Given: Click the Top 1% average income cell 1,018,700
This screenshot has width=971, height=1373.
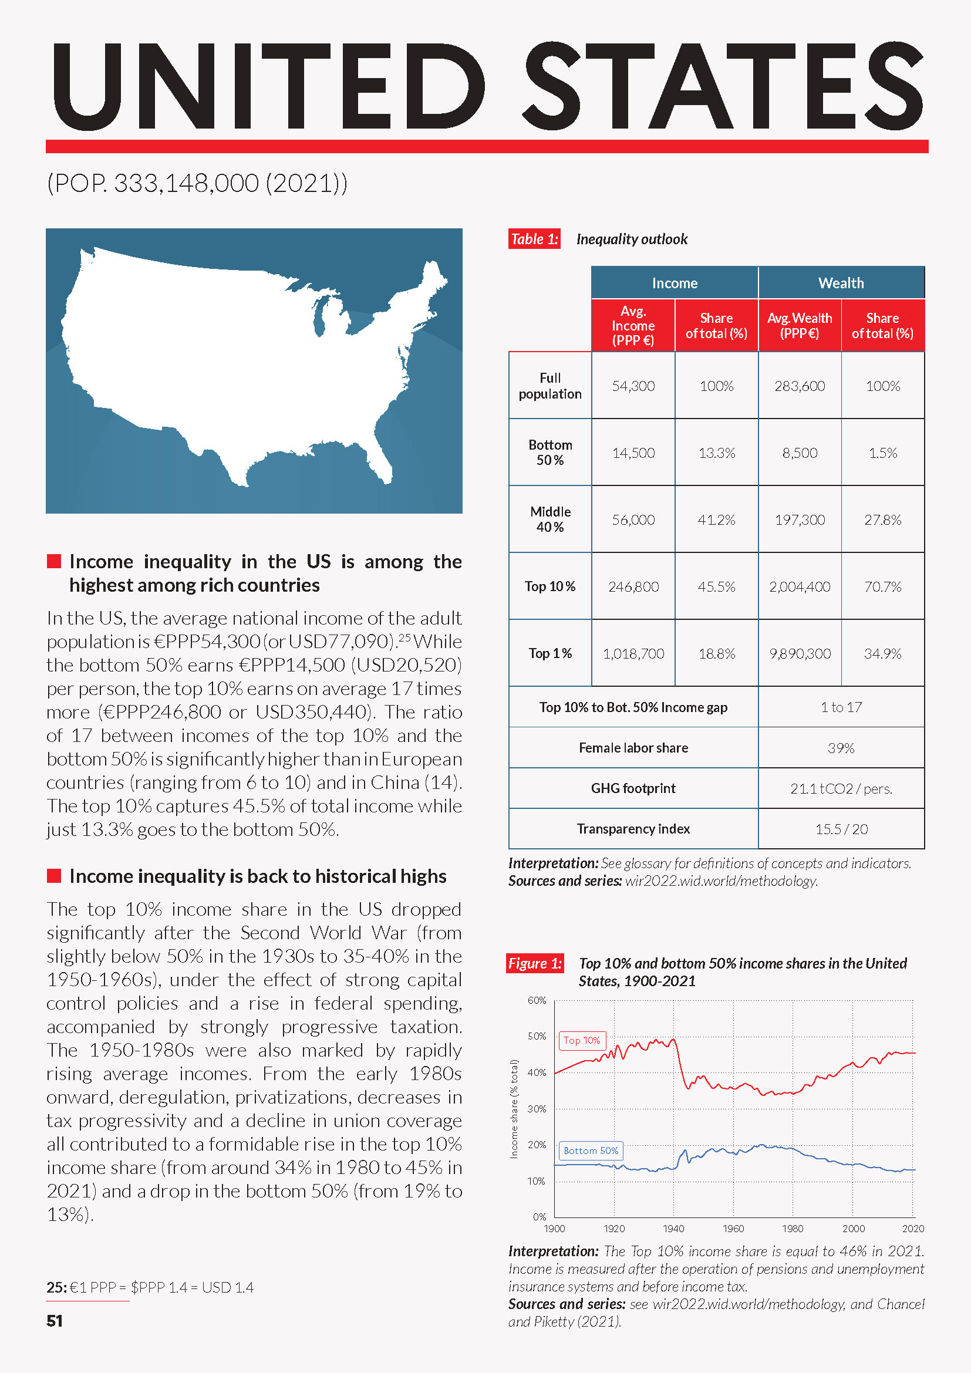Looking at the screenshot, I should pyautogui.click(x=633, y=653).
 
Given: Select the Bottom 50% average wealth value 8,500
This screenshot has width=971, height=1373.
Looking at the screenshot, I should pyautogui.click(x=800, y=453).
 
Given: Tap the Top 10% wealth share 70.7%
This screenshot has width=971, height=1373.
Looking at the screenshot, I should pyautogui.click(x=882, y=586).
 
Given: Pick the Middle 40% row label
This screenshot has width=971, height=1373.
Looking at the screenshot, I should pyautogui.click(x=550, y=519).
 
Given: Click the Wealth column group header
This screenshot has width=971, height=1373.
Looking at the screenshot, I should pyautogui.click(x=841, y=283).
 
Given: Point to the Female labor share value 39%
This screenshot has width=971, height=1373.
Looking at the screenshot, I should pyautogui.click(x=841, y=748).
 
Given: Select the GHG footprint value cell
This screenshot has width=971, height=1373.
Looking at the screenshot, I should pyautogui.click(x=841, y=789).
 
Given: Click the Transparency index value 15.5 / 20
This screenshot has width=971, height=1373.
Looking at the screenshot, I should pyautogui.click(x=841, y=829).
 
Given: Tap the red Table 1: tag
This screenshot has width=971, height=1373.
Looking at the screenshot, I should pyautogui.click(x=534, y=239).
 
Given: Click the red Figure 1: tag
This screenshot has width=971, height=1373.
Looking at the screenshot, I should pyautogui.click(x=535, y=963).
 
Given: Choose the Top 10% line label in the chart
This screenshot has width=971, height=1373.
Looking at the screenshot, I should pyautogui.click(x=582, y=1041).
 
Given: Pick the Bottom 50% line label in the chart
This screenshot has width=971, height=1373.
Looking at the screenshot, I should pyautogui.click(x=591, y=1151).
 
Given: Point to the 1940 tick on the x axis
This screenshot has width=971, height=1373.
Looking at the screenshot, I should pyautogui.click(x=673, y=1228).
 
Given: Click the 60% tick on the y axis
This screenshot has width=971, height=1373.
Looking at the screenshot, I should pyautogui.click(x=537, y=1000).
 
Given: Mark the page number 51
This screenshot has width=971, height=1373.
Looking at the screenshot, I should pyautogui.click(x=55, y=1321).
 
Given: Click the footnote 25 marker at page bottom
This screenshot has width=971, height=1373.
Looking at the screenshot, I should pyautogui.click(x=56, y=1287).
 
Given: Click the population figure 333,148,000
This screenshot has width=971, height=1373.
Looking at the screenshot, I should pyautogui.click(x=187, y=183).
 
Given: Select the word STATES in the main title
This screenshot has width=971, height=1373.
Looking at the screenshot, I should pyautogui.click(x=723, y=87).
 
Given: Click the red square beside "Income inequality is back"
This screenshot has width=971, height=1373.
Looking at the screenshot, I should pyautogui.click(x=55, y=876).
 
